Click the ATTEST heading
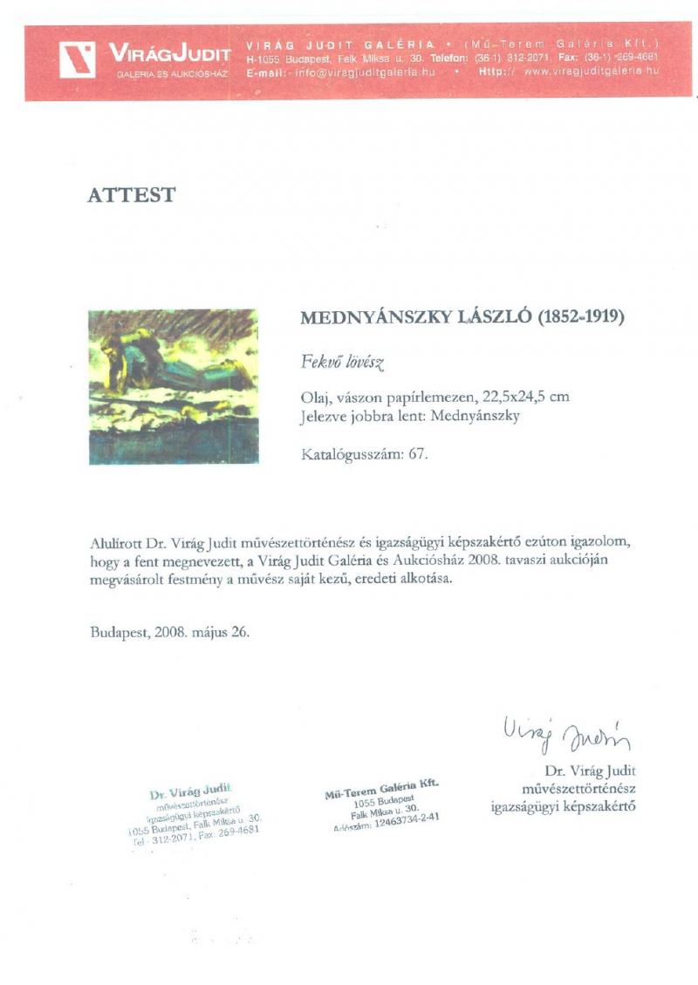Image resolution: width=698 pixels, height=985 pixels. [x=131, y=195]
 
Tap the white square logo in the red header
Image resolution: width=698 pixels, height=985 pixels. [x=78, y=59]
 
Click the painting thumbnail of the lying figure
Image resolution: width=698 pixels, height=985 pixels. [x=173, y=386]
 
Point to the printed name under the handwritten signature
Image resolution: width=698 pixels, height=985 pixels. [x=589, y=771]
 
